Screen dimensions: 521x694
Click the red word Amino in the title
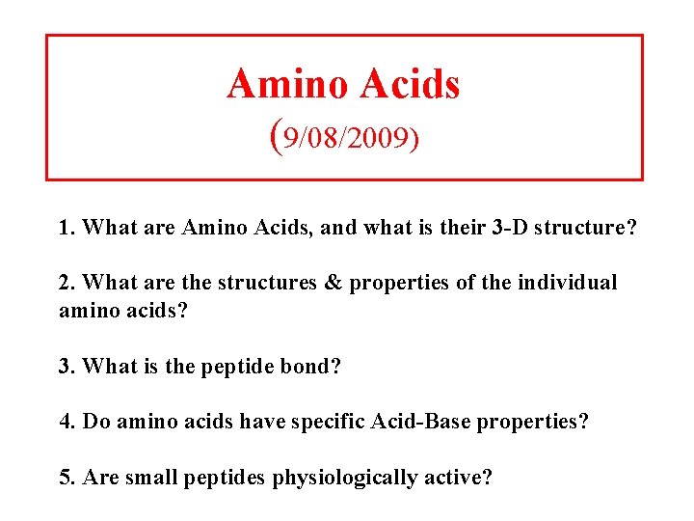pos(286,85)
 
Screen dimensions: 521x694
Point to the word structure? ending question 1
pos(575,228)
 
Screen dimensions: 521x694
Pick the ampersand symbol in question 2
pos(334,284)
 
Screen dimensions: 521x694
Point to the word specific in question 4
pos(325,423)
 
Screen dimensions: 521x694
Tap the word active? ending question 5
pos(459,479)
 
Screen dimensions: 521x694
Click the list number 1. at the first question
pos(67,228)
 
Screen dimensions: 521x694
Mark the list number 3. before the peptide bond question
pos(67,367)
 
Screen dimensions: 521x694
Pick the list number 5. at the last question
pos(67,479)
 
